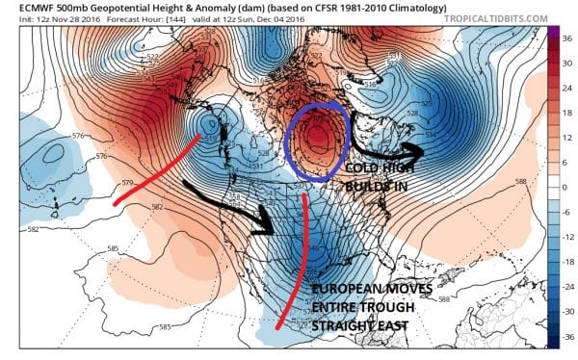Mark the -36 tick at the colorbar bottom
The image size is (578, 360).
566,337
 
